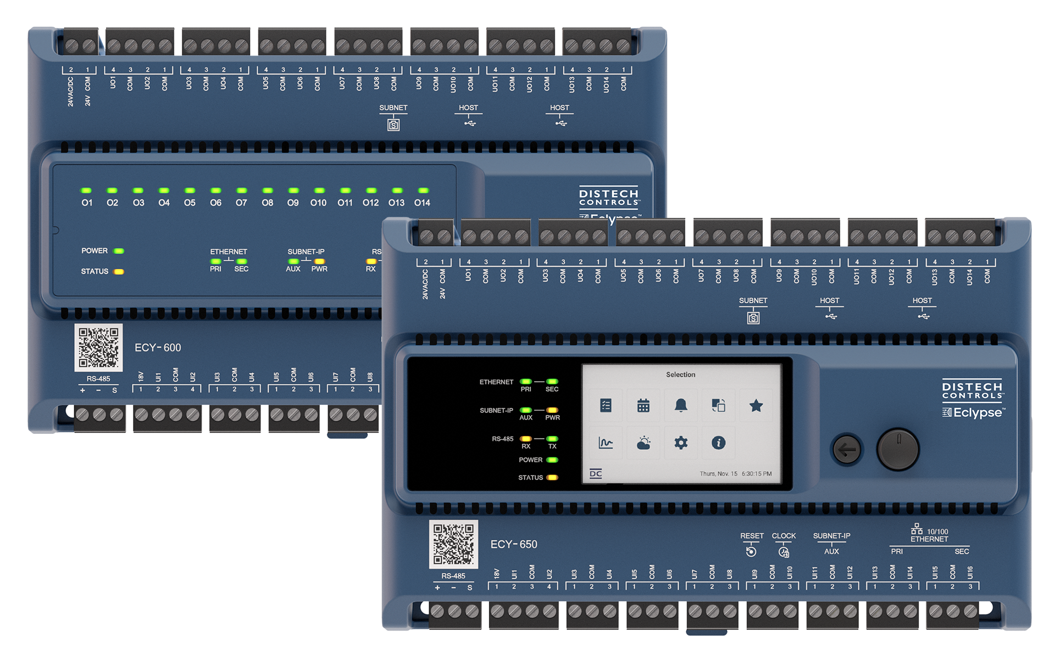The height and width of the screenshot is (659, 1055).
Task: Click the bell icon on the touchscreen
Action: (x=681, y=405)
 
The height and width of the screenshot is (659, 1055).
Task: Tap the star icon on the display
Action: (x=756, y=405)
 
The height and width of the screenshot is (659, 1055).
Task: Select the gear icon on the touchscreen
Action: (x=681, y=443)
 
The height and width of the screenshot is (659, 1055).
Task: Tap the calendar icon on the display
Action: (x=643, y=405)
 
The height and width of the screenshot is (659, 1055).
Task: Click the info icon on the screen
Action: (x=718, y=443)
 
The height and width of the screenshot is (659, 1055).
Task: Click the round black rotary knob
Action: (x=898, y=450)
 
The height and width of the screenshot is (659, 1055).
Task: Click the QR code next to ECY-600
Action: (x=98, y=348)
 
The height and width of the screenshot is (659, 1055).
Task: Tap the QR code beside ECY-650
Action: (x=453, y=544)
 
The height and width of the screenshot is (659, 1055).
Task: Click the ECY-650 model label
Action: (x=514, y=544)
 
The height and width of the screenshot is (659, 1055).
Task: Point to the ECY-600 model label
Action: (x=158, y=348)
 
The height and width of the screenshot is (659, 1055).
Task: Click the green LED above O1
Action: (x=86, y=191)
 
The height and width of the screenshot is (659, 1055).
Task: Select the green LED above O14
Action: (x=423, y=191)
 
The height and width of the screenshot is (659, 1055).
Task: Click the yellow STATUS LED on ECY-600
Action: (x=119, y=271)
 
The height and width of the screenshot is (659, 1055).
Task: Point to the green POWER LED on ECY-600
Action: (x=119, y=251)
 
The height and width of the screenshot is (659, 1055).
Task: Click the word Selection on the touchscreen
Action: (x=680, y=375)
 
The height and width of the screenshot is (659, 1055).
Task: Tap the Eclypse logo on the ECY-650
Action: (x=974, y=412)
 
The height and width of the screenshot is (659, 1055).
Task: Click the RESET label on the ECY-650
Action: (x=752, y=536)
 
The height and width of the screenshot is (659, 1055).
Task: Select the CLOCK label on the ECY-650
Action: (x=784, y=536)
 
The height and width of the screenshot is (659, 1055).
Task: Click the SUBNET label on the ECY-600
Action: (x=393, y=108)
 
